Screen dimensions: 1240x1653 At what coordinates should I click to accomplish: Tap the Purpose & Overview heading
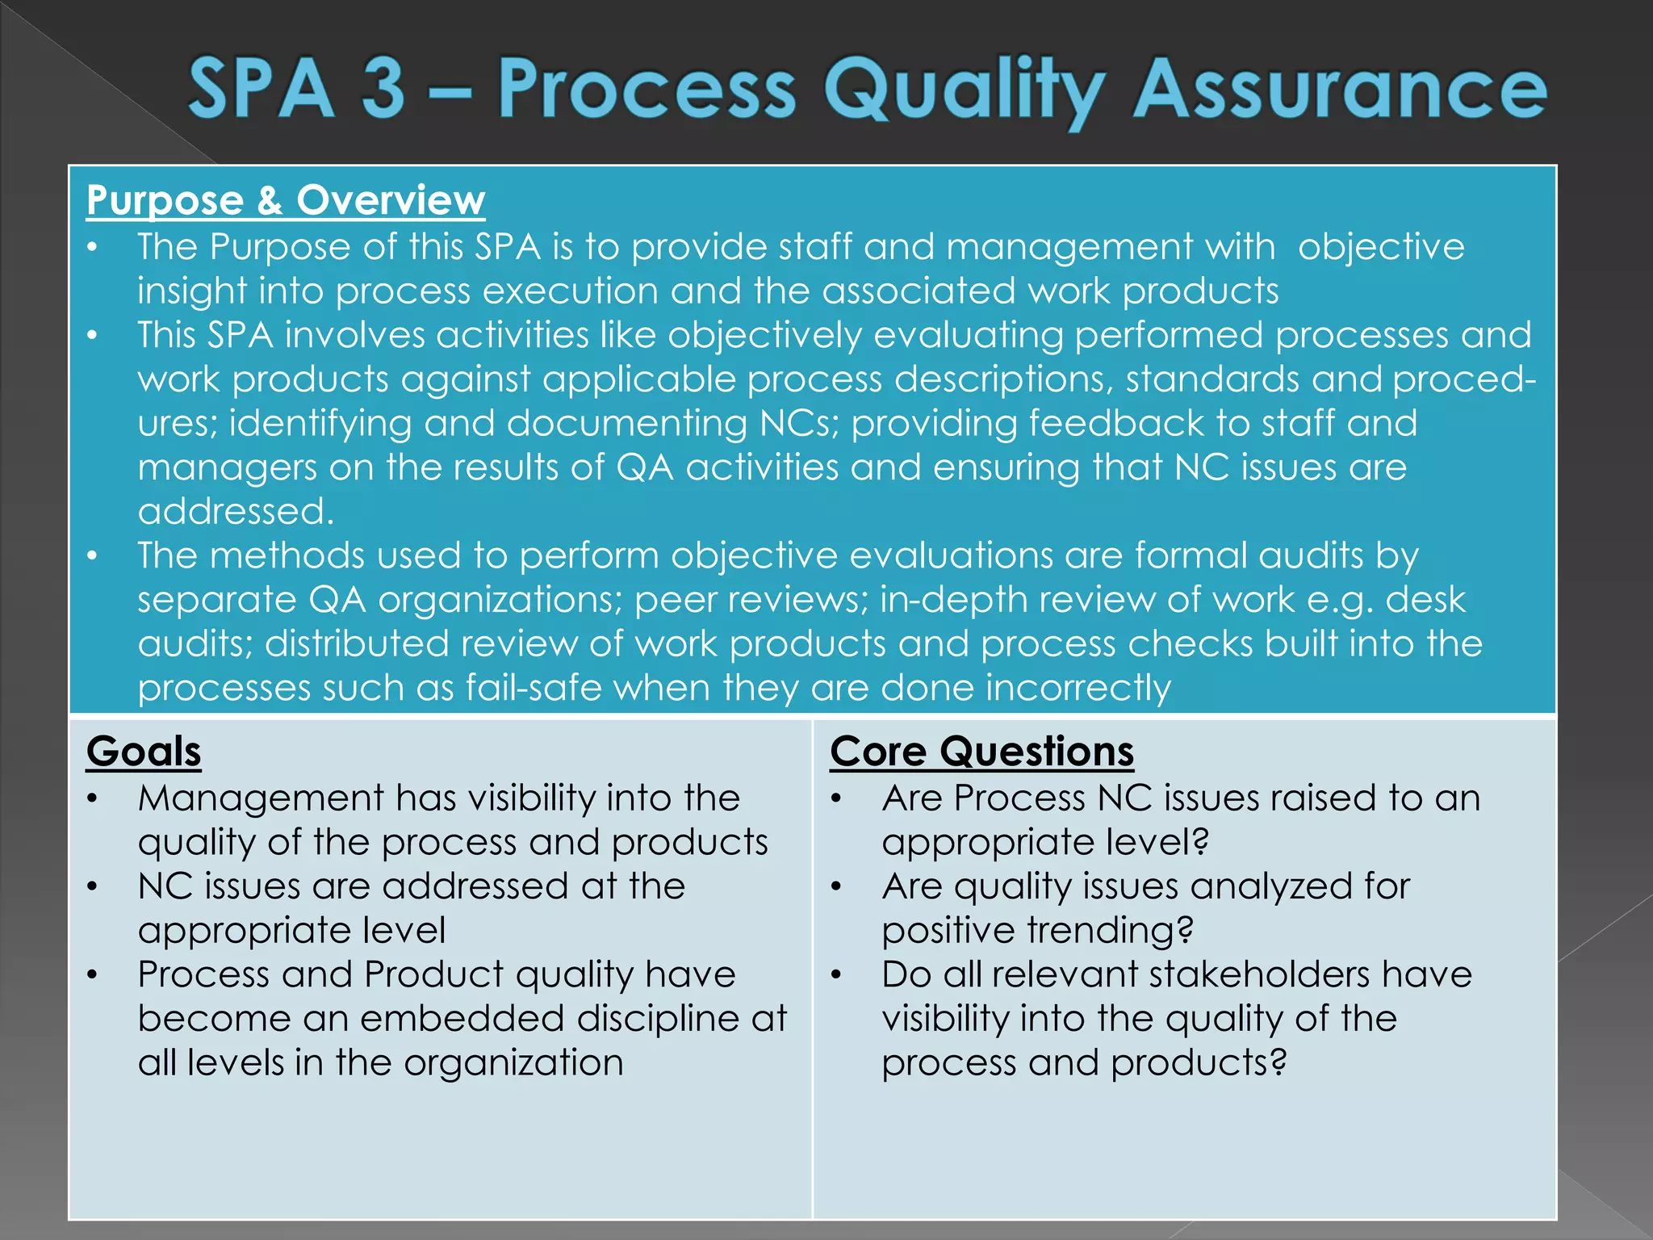(x=286, y=200)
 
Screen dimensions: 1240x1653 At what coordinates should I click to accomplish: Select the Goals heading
(x=144, y=752)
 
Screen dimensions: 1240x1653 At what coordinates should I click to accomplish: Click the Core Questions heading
(x=981, y=752)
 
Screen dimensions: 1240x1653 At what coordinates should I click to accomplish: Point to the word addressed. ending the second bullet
(x=236, y=512)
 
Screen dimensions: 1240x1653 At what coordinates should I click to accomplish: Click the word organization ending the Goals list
(x=513, y=1063)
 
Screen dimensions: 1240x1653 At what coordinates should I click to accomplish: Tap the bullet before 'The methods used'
(x=93, y=556)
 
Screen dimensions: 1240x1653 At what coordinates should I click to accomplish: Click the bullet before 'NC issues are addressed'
(x=93, y=887)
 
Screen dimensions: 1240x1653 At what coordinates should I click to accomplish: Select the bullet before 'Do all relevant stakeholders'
(x=836, y=975)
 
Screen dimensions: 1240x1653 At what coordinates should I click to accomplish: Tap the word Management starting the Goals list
(x=260, y=798)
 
